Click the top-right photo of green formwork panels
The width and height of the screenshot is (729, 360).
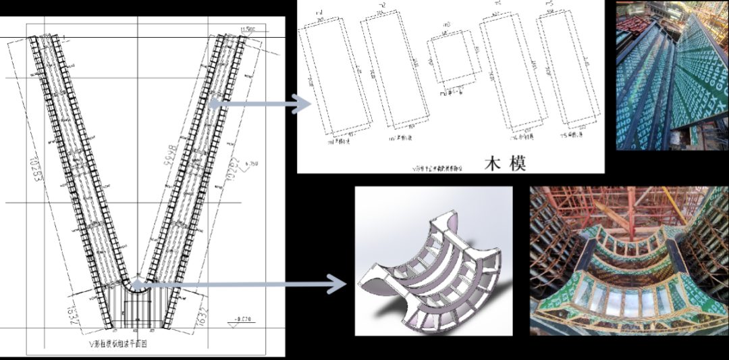tap(672, 74)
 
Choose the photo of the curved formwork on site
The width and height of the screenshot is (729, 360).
tap(629, 260)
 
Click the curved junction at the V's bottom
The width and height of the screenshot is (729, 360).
tap(137, 282)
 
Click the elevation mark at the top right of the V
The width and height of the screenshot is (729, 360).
tap(250, 29)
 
